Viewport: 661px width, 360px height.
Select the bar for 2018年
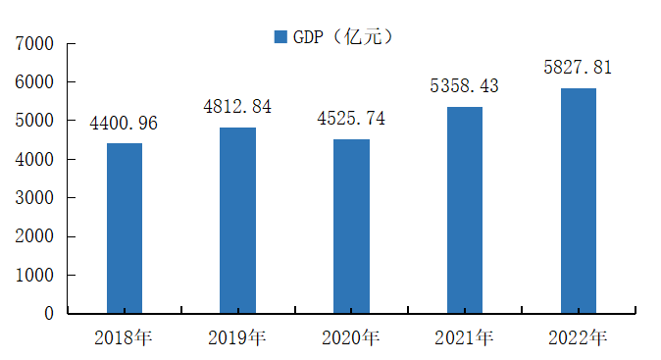pyautogui.click(x=125, y=228)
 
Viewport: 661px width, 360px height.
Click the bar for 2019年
pyautogui.click(x=237, y=220)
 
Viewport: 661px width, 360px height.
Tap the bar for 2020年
pyautogui.click(x=351, y=226)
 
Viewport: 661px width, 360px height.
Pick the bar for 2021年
pyautogui.click(x=465, y=210)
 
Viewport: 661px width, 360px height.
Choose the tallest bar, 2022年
pyautogui.click(x=579, y=201)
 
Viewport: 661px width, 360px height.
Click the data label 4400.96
pyautogui.click(x=124, y=123)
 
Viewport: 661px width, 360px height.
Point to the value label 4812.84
pyautogui.click(x=237, y=107)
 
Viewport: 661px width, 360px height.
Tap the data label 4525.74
pyautogui.click(x=351, y=119)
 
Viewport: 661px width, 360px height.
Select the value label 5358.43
pyautogui.click(x=464, y=86)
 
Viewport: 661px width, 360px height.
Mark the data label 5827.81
pyautogui.click(x=578, y=68)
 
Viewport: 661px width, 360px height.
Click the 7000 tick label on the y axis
pyautogui.click(x=34, y=43)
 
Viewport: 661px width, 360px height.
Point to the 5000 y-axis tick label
pyautogui.click(x=34, y=121)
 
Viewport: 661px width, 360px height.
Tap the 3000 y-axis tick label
pyautogui.click(x=34, y=198)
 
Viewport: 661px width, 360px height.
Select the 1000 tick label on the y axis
pyautogui.click(x=34, y=276)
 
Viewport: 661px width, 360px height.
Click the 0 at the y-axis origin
pyautogui.click(x=49, y=314)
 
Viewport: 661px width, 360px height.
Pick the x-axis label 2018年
pyautogui.click(x=124, y=338)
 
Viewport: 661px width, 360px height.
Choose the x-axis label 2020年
pyautogui.click(x=351, y=338)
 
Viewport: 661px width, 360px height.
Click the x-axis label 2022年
pyautogui.click(x=578, y=338)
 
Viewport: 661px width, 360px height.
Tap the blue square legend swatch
pyautogui.click(x=280, y=36)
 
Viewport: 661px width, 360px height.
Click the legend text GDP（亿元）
pyautogui.click(x=343, y=37)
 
